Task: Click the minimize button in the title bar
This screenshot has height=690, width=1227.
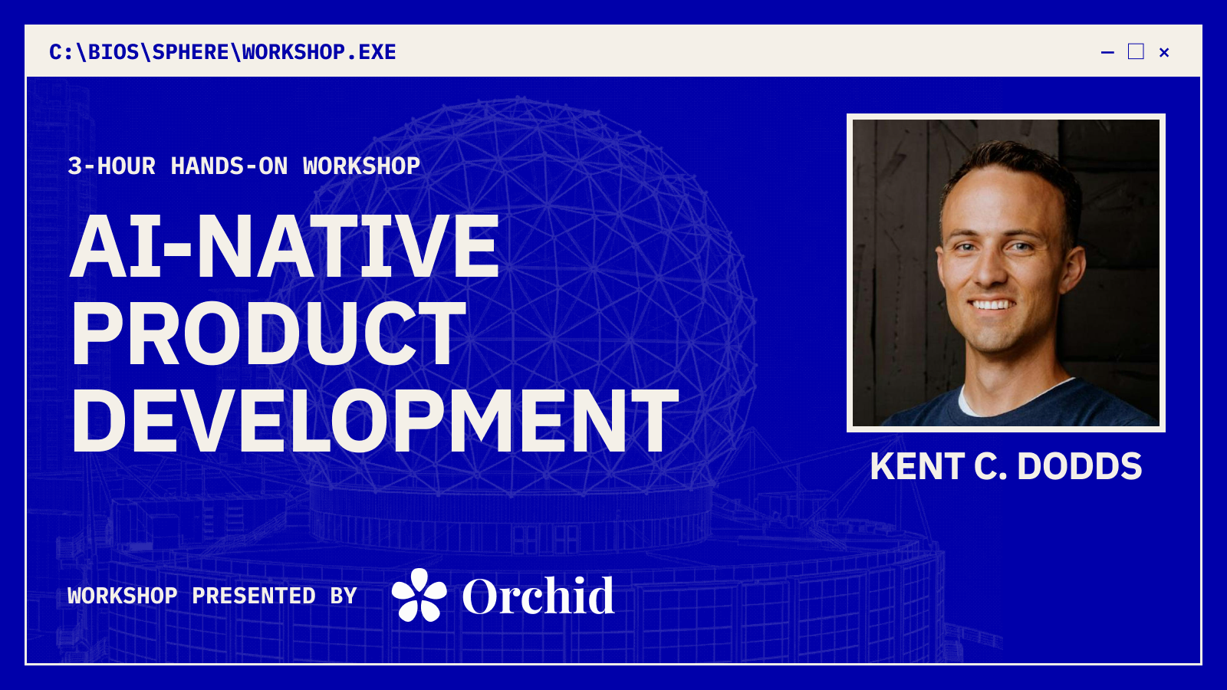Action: tap(1107, 53)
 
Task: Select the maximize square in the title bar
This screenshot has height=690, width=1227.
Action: tap(1136, 51)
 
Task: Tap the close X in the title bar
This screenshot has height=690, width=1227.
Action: tap(1165, 53)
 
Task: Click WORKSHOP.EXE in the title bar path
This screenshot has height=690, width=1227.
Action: tap(319, 52)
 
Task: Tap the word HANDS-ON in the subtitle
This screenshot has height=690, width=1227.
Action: tap(229, 166)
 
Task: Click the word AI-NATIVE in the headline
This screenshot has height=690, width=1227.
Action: tap(285, 246)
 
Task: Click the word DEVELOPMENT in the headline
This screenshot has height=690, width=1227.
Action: tap(375, 421)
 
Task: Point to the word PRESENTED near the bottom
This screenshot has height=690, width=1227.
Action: tap(254, 595)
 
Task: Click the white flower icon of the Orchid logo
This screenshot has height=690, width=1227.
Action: tap(419, 595)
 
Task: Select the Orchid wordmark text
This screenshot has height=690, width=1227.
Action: tap(538, 596)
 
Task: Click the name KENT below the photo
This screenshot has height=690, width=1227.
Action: tap(917, 467)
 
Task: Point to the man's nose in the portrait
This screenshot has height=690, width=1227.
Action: tap(989, 268)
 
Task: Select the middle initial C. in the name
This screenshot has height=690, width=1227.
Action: tap(990, 467)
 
